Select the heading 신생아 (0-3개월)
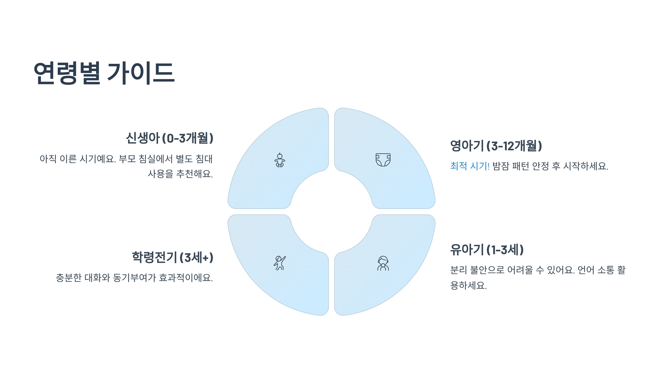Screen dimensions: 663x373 169,138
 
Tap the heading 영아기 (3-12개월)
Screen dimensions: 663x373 496,146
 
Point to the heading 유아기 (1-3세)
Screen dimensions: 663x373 487,249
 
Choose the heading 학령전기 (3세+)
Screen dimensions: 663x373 172,257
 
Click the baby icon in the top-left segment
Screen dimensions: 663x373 280,160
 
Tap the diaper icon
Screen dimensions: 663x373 383,160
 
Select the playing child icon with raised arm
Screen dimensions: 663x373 280,263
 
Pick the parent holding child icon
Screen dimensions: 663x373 383,263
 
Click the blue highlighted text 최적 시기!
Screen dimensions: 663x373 470,166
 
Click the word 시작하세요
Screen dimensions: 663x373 585,166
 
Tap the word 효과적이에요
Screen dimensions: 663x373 186,278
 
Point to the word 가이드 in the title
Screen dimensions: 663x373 141,73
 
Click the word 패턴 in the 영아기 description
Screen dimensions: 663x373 520,166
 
